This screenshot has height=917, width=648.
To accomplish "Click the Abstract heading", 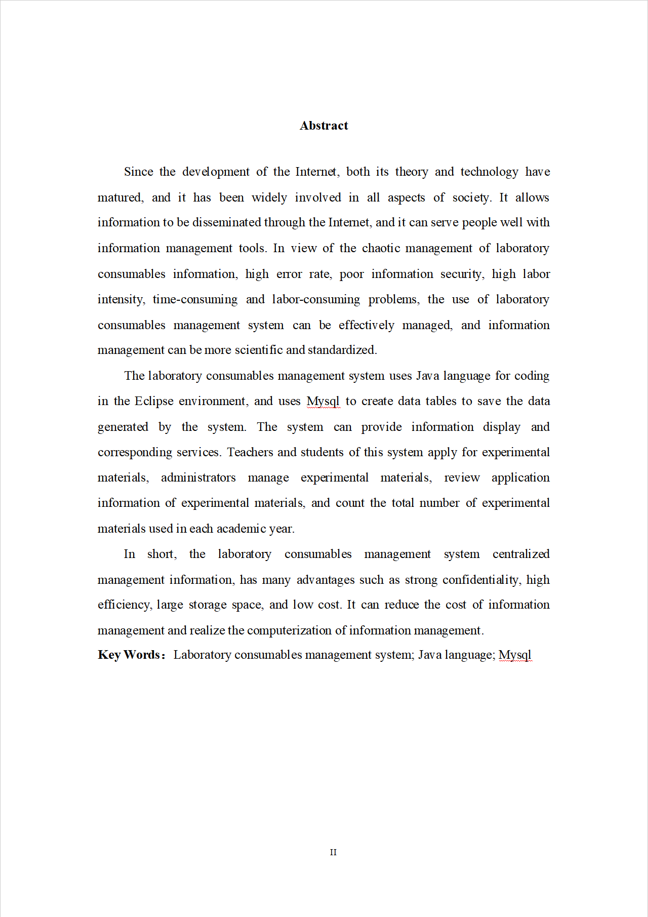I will pos(323,126).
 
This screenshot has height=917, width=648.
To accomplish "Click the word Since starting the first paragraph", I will pos(138,172).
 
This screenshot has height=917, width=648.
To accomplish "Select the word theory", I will pos(411,172).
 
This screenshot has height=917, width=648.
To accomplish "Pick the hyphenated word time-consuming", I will pos(195,299).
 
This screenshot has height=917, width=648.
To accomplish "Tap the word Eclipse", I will pos(154,401).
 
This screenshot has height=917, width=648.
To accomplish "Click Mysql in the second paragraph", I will pos(322,401).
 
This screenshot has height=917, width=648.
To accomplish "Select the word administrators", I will pos(198,477).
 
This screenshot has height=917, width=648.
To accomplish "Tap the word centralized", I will pos(520,554).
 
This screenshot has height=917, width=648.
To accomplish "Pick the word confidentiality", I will pos(481,580).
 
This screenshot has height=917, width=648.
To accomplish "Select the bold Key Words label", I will pos(131,655).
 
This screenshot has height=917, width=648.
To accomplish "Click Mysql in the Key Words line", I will pos(514,655).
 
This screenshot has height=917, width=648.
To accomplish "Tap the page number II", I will pos(333,852).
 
